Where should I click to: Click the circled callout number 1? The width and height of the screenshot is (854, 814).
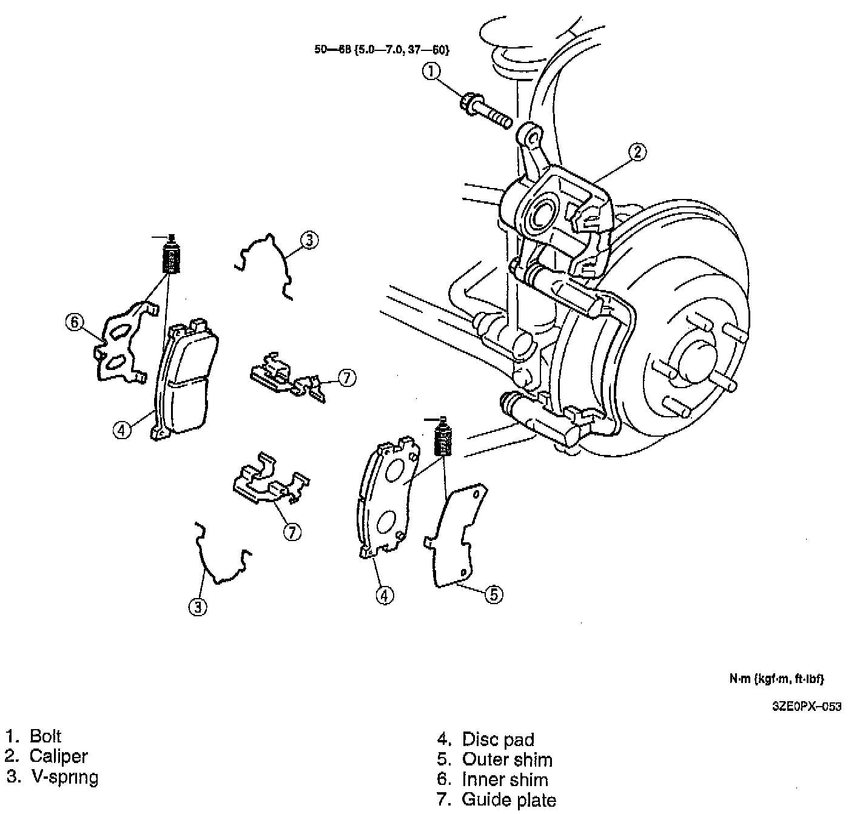[431, 72]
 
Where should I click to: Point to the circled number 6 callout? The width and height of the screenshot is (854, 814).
[74, 322]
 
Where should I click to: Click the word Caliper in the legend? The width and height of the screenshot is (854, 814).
[58, 756]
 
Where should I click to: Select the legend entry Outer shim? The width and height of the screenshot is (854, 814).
[507, 759]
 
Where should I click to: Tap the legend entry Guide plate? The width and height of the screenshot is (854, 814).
[508, 800]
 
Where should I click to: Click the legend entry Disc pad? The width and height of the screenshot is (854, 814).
[498, 739]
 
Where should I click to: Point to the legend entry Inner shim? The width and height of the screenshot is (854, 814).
[505, 780]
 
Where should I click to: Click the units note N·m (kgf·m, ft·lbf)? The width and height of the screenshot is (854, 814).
[776, 679]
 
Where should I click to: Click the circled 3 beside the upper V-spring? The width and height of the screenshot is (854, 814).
[309, 241]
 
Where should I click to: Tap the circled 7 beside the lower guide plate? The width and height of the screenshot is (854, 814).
[292, 532]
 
